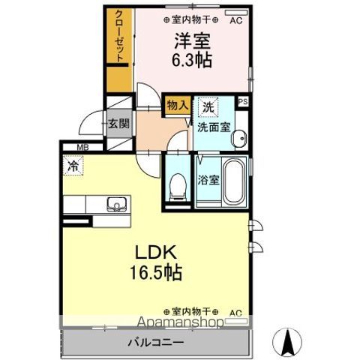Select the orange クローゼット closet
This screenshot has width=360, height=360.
[x=118, y=43]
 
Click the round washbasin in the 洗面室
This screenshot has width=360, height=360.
[x=239, y=137]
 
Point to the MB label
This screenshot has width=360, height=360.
[x=79, y=148]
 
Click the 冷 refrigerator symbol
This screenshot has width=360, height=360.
[x=73, y=164]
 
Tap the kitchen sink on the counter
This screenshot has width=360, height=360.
[x=117, y=204]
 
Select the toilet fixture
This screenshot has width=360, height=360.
[x=178, y=184]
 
